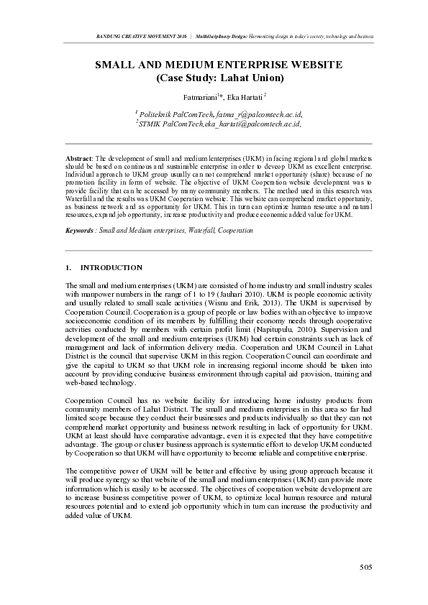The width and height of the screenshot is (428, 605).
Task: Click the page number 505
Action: (365, 568)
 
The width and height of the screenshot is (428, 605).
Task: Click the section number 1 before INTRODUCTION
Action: (68, 267)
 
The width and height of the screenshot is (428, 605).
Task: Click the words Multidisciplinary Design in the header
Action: (229, 35)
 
